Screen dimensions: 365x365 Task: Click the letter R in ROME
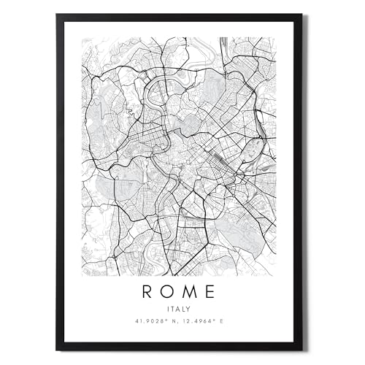pyautogui.click(x=147, y=292)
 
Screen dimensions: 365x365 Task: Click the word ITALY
pyautogui.click(x=179, y=310)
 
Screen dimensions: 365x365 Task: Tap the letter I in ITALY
pyautogui.click(x=169, y=310)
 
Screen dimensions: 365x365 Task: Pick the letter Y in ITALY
pyautogui.click(x=189, y=310)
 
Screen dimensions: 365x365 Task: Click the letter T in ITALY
pyautogui.click(x=173, y=310)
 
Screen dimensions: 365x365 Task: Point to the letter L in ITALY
pyautogui.click(x=184, y=310)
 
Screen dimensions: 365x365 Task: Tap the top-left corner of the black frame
pyautogui.click(x=57, y=15)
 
